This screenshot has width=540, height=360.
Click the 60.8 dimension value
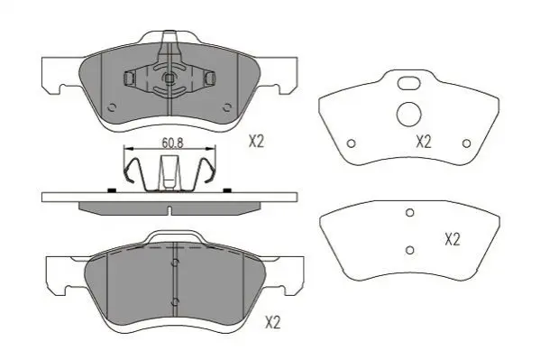[x=172, y=142]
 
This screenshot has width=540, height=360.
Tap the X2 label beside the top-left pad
[x=256, y=142]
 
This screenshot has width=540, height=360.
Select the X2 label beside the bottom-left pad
[x=273, y=323]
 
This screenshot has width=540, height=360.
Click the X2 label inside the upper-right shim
[x=423, y=142]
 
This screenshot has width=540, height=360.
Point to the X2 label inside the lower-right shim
[x=453, y=239]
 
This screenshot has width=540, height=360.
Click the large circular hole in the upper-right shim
[x=409, y=115]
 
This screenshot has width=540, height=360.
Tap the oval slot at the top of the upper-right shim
[x=408, y=83]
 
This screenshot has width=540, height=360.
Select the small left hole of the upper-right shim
[x=351, y=143]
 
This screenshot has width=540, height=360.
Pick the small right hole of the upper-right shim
[x=467, y=143]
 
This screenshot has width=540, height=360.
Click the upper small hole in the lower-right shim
[x=410, y=213]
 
